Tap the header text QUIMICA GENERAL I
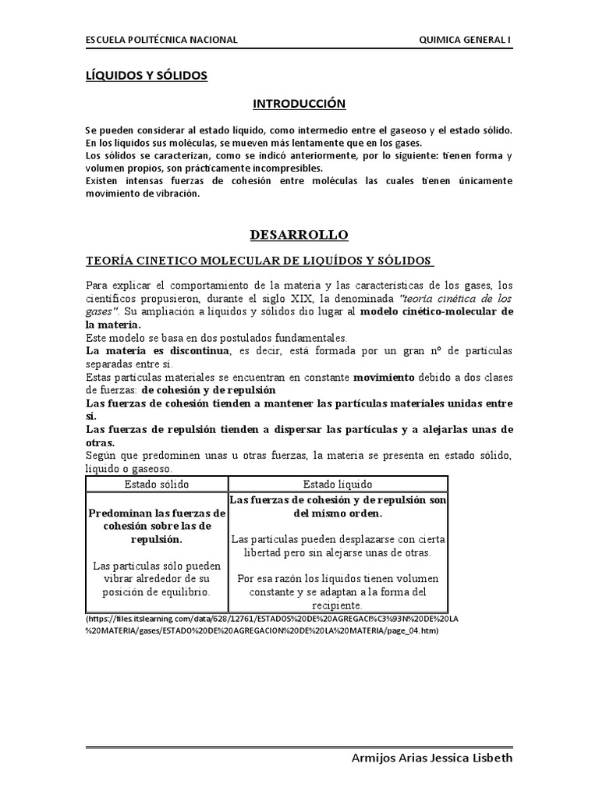[466, 40]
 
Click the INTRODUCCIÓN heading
[299, 103]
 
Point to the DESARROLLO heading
[299, 235]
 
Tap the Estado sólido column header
[157, 485]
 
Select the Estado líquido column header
[338, 485]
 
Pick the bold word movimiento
[385, 377]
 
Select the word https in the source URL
[100, 620]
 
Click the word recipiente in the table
[338, 605]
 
